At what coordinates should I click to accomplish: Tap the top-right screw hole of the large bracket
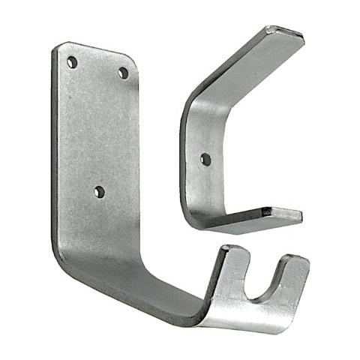tap(123, 73)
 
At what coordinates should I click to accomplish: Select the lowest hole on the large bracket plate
tap(99, 192)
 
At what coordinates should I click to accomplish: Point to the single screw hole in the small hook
tap(205, 158)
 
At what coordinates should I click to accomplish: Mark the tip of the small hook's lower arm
tap(283, 214)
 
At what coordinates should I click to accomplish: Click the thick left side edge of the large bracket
tap(53, 150)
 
